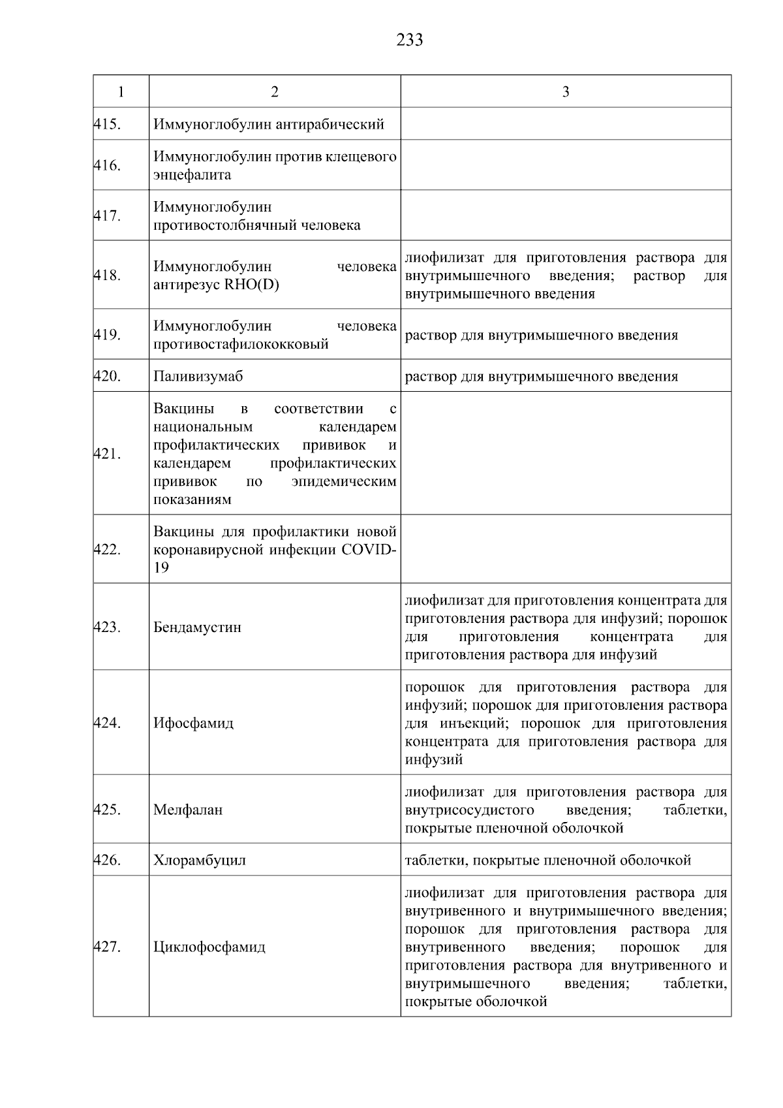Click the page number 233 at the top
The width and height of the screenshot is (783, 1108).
[x=409, y=40]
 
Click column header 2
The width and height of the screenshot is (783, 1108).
[x=275, y=92]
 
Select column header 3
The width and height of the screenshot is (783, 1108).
[x=565, y=92]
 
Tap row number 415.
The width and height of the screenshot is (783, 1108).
[x=107, y=124]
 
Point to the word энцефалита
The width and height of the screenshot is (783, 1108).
[x=192, y=175]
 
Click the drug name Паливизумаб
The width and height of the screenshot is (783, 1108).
[x=198, y=376]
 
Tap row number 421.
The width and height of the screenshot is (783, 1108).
[x=107, y=454]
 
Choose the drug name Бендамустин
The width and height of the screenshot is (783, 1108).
[x=197, y=627]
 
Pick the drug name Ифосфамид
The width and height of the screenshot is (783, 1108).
[x=193, y=723]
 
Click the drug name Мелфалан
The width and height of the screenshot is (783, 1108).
[x=188, y=810]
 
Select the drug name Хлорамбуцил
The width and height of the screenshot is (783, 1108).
[x=200, y=861]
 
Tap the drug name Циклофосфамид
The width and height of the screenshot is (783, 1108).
[x=209, y=947]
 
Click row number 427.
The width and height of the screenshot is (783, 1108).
[x=107, y=947]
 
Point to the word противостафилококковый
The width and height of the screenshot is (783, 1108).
[x=241, y=344]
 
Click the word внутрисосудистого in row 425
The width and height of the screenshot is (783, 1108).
[x=469, y=810]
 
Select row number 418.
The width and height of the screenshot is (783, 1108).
[x=107, y=276]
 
